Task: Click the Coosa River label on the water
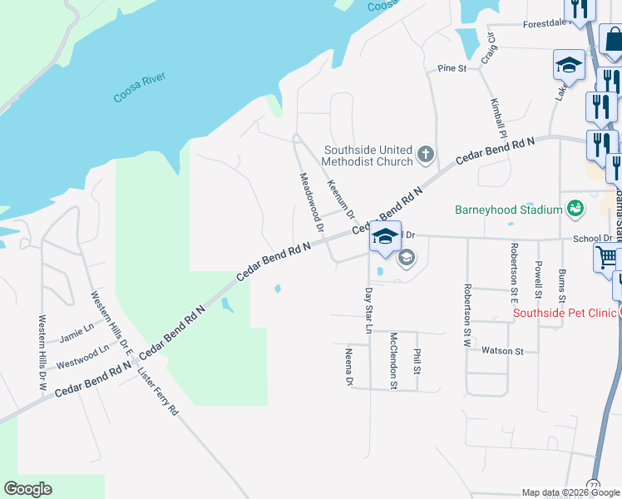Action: point(139,88)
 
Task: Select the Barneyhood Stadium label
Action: point(508,210)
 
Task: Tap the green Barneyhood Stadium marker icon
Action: point(575,207)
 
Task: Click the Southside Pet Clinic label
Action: point(565,313)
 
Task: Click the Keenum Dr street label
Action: point(341,200)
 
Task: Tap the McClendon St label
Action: point(393,360)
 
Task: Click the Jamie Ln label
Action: point(77,334)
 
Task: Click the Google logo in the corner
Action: point(27,489)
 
